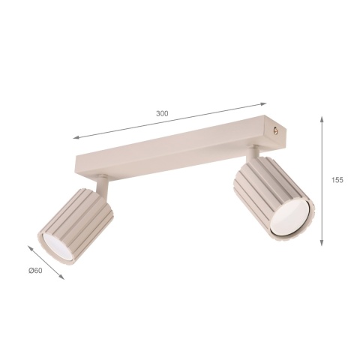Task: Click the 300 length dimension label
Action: click(x=162, y=113)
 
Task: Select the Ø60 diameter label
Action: click(x=36, y=269)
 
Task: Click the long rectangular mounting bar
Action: click(x=180, y=145)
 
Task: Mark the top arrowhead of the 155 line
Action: click(x=322, y=118)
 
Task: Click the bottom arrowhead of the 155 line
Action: click(x=322, y=244)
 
